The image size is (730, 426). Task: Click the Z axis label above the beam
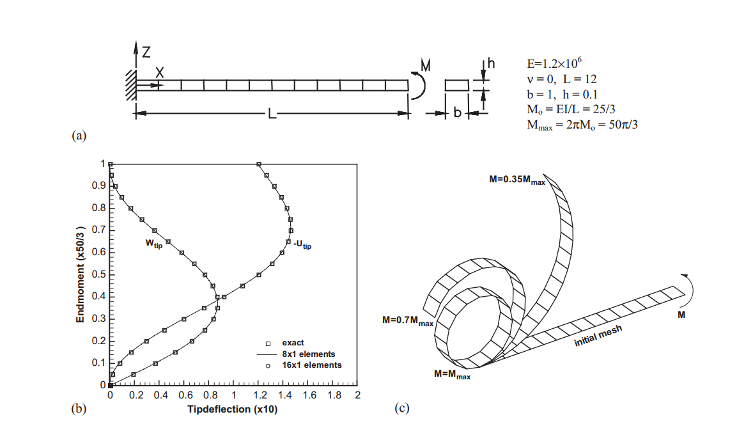[x=146, y=52]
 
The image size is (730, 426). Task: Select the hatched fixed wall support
[x=131, y=85]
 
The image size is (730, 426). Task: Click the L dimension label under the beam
[x=272, y=113]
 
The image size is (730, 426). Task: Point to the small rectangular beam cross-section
[x=456, y=85]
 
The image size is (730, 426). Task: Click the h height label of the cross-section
[x=491, y=63]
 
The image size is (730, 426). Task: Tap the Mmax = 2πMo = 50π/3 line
[x=582, y=125]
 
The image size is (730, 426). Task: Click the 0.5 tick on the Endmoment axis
[x=98, y=274]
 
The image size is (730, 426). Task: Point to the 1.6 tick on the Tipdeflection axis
[x=309, y=395]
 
